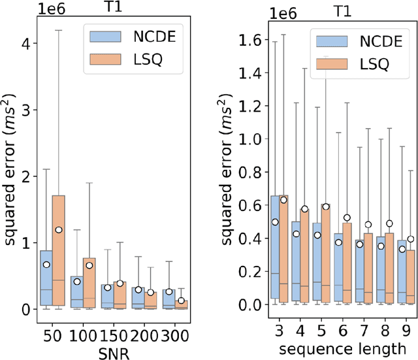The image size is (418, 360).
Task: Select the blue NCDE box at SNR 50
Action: tap(46, 278)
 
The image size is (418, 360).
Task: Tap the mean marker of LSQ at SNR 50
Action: tap(59, 230)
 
